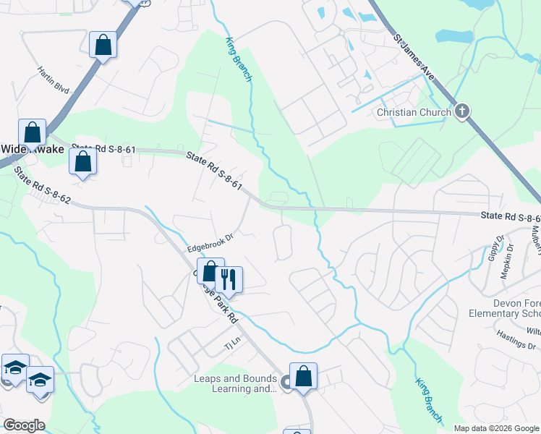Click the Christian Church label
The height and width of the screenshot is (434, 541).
pos(414,112)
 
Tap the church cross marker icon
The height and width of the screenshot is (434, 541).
pos(462,111)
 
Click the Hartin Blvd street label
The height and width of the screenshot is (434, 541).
pos(53,80)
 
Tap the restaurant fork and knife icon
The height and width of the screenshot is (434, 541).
pos(229,278)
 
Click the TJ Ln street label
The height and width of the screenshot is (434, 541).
pos(231,346)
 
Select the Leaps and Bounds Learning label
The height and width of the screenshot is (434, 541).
pos(235,383)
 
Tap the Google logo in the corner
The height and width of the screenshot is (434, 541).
pos(24,425)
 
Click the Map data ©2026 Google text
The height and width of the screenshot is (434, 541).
pos(495,428)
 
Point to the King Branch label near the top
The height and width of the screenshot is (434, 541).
pos(238,59)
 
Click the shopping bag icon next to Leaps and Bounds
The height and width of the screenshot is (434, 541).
pos(304,376)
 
